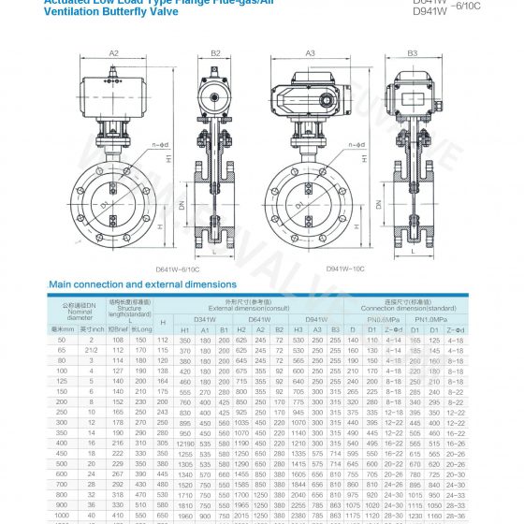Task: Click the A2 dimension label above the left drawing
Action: pyautogui.click(x=113, y=53)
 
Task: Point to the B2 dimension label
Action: pyautogui.click(x=215, y=53)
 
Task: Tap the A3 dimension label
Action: pyautogui.click(x=310, y=53)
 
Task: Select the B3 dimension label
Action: pyautogui.click(x=413, y=53)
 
